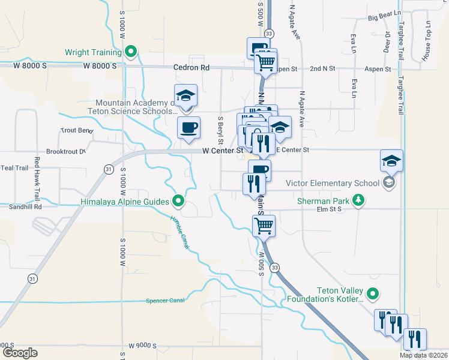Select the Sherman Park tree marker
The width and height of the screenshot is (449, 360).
[358, 200]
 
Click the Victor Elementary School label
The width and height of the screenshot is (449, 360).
[333, 183]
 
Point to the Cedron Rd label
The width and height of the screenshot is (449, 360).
[191, 68]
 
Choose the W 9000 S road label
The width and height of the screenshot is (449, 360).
[142, 346]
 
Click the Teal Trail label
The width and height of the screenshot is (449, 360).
[14, 167]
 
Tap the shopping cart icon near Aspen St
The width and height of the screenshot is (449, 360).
[266, 61]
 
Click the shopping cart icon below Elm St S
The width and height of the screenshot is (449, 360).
[264, 226]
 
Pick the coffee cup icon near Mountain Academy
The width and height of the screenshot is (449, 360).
[188, 127]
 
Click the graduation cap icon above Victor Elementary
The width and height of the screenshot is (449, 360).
[391, 160]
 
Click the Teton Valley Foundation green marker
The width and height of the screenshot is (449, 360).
[373, 293]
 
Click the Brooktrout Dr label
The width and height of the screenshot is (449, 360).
[65, 152]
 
